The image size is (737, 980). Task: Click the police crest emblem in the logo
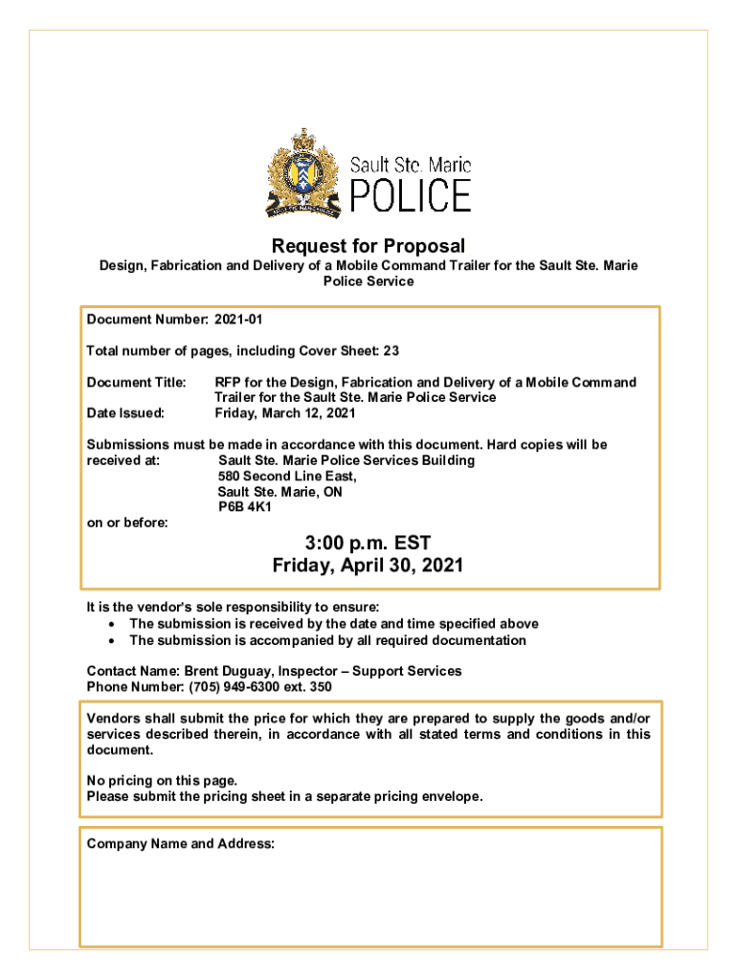tap(302, 173)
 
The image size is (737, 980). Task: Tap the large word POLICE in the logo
tap(410, 195)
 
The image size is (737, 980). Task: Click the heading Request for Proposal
tap(368, 246)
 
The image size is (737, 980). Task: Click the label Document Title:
tap(137, 383)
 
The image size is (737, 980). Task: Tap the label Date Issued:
tap(125, 413)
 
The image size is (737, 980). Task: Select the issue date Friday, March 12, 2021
tap(285, 413)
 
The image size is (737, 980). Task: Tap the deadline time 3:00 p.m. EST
tap(368, 544)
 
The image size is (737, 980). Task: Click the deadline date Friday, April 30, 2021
tap(368, 566)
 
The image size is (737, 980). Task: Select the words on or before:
tap(127, 523)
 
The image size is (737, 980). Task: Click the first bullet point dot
tap(113, 624)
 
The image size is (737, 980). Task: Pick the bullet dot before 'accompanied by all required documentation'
tap(113, 640)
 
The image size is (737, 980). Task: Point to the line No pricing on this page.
tap(162, 780)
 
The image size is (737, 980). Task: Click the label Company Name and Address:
tap(181, 843)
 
